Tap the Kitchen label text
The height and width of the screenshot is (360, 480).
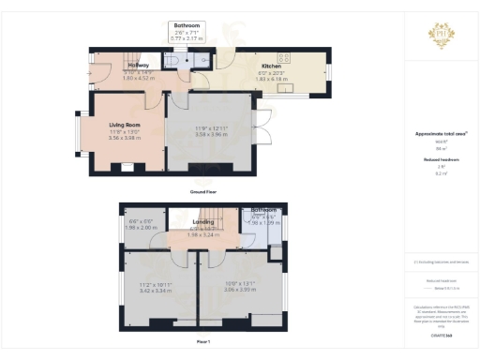tap(271, 67)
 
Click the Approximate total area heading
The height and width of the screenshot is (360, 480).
tap(441, 134)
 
